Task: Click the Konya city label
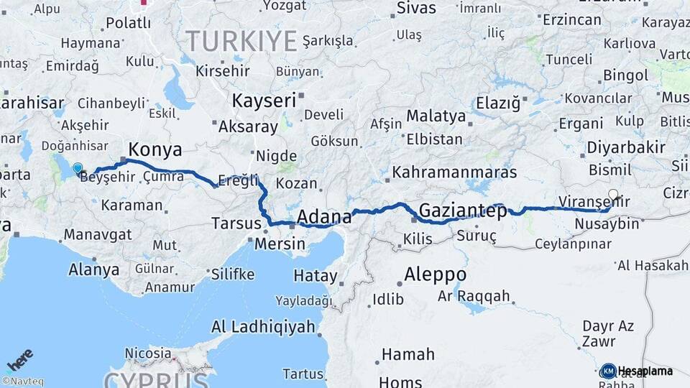coord(155,150)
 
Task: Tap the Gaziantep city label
coord(462,211)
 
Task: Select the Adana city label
coord(324,217)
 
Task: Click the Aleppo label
coord(435,274)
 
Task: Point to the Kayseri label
coord(264,101)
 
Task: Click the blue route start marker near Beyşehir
coord(78,168)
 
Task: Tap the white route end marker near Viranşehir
coord(612,194)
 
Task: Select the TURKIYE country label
coord(241,40)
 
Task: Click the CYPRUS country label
coord(157,379)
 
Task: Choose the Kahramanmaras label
coord(454,173)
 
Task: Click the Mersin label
coord(280,244)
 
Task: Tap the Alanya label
coord(93,270)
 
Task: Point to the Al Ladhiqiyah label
coord(263,327)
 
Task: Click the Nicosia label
coord(148,354)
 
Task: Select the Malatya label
coord(436,116)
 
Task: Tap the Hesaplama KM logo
coord(637,371)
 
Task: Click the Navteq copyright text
coord(23,382)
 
